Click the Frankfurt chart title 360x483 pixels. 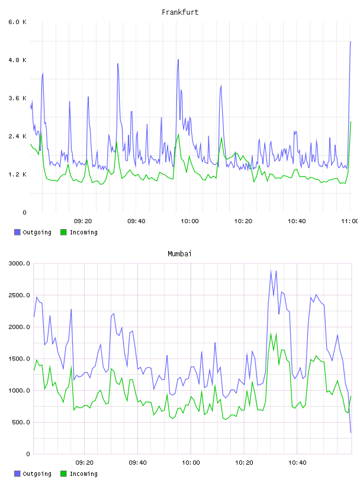pyautogui.click(x=180, y=12)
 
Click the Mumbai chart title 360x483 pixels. pyautogui.click(x=179, y=254)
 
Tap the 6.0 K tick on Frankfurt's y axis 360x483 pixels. pyautogui.click(x=17, y=22)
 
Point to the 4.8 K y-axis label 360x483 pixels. pyautogui.click(x=17, y=60)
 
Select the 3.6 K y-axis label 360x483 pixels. pyautogui.click(x=17, y=98)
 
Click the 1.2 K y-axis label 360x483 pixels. pyautogui.click(x=17, y=175)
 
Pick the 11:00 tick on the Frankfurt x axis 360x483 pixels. pyautogui.click(x=350, y=221)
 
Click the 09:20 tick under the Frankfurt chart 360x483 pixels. pyautogui.click(x=83, y=221)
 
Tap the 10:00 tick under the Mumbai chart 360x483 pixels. pyautogui.click(x=191, y=463)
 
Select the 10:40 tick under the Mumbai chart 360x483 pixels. pyautogui.click(x=297, y=463)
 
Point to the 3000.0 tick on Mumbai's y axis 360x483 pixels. pyautogui.click(x=20, y=263)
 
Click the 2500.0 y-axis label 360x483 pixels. pyautogui.click(x=20, y=295)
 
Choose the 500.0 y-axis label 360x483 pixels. pyautogui.click(x=21, y=422)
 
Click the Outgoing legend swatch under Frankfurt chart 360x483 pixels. pyautogui.click(x=17, y=232)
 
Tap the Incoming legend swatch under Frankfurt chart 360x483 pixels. pyautogui.click(x=63, y=232)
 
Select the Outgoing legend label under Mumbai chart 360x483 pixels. pyautogui.click(x=37, y=474)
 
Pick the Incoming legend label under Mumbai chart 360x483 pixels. pyautogui.click(x=83, y=474)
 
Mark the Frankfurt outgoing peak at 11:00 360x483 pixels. pyautogui.click(x=351, y=42)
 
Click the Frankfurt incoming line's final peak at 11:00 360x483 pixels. pyautogui.click(x=351, y=122)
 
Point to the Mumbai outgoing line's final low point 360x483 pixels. pyautogui.click(x=351, y=433)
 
